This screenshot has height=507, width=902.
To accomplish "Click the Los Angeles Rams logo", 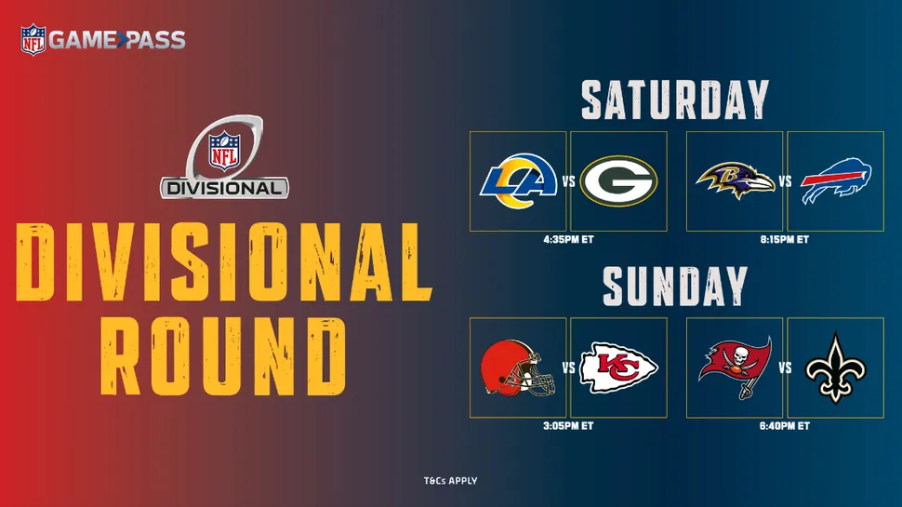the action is (519, 180).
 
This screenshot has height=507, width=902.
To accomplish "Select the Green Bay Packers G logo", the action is (618, 180).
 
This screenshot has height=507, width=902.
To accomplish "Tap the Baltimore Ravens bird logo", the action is (736, 180).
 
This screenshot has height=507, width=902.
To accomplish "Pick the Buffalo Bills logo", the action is (836, 180).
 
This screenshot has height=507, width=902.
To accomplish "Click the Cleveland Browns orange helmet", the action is (518, 367).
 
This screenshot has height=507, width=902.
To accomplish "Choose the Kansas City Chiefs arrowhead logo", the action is (618, 367).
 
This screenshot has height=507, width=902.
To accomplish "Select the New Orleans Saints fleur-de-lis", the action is (835, 367).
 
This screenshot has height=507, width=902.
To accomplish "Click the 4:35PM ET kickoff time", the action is (568, 239).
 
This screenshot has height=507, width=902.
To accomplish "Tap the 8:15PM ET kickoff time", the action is (785, 239).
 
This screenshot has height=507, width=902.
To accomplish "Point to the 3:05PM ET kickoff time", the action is (568, 426).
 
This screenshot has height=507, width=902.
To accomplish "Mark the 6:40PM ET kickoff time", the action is (785, 426).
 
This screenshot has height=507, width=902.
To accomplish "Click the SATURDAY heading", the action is (675, 100).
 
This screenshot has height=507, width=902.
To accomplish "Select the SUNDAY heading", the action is (675, 286).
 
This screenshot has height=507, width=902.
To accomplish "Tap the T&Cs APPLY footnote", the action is (450, 481).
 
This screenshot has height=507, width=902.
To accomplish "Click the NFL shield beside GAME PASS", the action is (33, 40).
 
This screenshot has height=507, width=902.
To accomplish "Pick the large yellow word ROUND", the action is (223, 357).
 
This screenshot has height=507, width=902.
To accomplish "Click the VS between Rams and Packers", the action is (568, 181).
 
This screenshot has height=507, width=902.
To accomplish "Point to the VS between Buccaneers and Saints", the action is (785, 367).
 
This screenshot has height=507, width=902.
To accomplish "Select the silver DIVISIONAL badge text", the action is (224, 188).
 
